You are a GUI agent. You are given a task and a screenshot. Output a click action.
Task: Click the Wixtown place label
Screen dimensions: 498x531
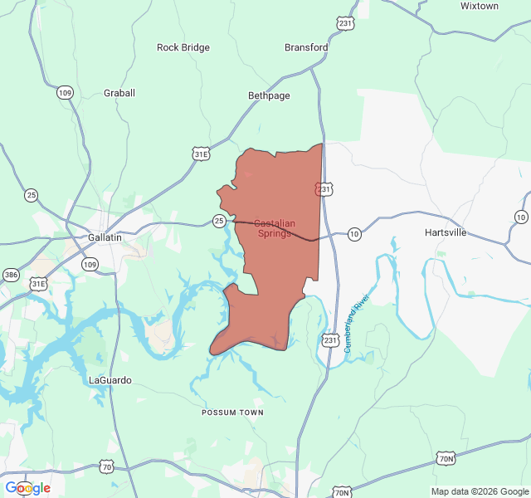click(x=479, y=6)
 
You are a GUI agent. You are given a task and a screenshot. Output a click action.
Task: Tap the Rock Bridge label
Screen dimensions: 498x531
click(x=183, y=47)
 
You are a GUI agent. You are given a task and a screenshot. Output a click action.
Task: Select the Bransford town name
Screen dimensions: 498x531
click(x=306, y=47)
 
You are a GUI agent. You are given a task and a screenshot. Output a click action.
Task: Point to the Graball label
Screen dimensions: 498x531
click(x=119, y=93)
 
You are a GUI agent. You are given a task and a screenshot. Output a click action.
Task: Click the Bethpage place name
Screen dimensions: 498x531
click(x=269, y=95)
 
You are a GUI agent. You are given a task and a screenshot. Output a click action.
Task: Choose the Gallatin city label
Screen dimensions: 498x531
click(x=105, y=237)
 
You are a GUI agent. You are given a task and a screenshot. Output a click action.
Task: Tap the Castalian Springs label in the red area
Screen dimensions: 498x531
click(x=273, y=228)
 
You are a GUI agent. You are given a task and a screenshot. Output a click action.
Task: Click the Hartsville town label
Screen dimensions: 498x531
click(x=446, y=232)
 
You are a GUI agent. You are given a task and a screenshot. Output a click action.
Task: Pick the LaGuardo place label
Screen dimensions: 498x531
click(x=110, y=380)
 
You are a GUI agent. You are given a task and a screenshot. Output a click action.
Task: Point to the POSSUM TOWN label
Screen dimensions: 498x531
click(x=232, y=413)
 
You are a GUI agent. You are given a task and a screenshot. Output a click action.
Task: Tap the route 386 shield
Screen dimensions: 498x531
click(x=11, y=275)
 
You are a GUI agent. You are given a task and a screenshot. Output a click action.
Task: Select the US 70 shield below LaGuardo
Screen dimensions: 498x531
click(x=107, y=466)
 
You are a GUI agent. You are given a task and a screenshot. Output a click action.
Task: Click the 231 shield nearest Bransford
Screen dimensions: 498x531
click(x=345, y=23)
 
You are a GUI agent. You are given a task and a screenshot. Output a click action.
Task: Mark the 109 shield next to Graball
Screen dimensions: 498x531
click(x=65, y=92)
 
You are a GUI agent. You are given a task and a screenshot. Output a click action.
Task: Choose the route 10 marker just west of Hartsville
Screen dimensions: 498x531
click(x=354, y=234)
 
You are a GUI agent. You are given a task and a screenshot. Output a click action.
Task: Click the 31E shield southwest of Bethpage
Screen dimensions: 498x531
click(x=201, y=154)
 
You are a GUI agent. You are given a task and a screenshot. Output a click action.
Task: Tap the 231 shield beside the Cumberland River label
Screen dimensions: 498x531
click(x=330, y=340)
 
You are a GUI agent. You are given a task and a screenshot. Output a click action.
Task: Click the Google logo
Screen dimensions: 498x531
click(x=27, y=488)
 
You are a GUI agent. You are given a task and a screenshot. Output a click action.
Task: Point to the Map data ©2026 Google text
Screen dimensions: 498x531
click(x=479, y=491)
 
